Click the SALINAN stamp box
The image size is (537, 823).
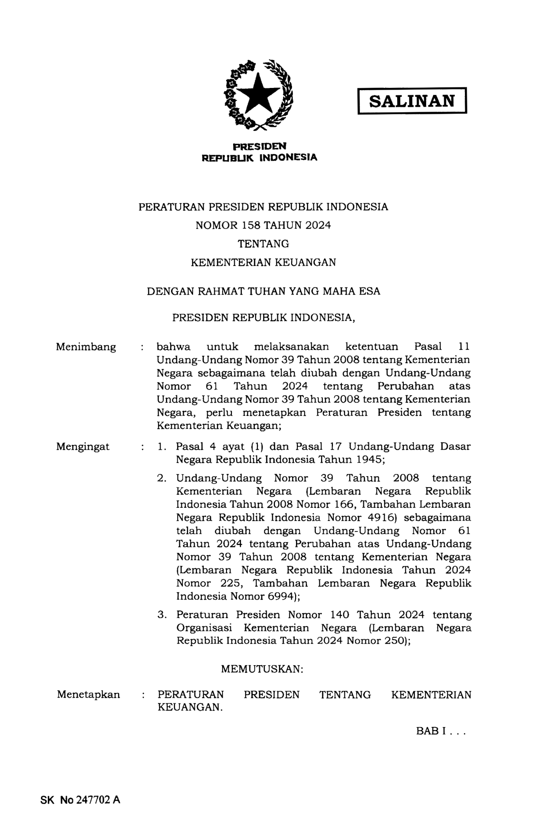[412, 101]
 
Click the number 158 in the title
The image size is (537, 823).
[251, 226]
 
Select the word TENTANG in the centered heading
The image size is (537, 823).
[263, 244]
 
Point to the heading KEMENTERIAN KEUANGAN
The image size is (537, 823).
[263, 262]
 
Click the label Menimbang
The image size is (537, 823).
[86, 347]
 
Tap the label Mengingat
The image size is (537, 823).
[83, 447]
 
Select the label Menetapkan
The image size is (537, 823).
[88, 695]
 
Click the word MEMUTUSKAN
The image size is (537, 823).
[262, 669]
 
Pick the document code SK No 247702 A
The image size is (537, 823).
[80, 800]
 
